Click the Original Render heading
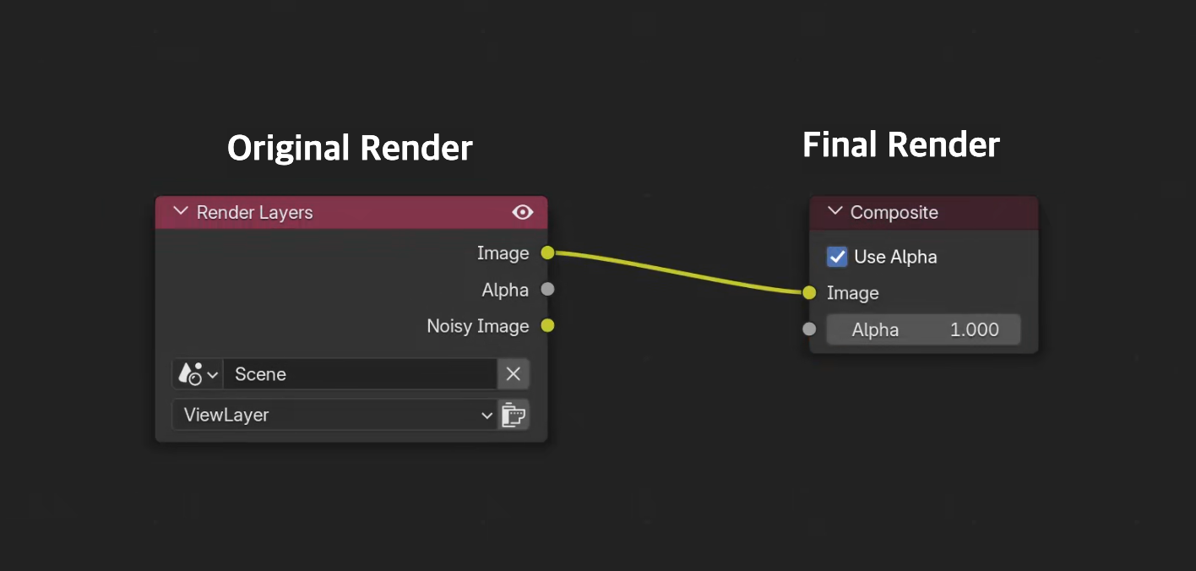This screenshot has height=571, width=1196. (350, 149)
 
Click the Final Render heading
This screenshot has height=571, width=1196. (900, 145)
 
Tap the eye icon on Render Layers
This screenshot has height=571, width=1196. (523, 212)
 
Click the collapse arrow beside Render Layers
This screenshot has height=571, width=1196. (180, 212)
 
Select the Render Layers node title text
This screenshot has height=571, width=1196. (254, 213)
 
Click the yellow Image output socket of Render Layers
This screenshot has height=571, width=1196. (547, 253)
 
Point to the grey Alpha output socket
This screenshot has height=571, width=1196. (547, 289)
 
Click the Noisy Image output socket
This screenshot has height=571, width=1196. (547, 325)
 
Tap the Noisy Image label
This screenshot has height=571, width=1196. (477, 326)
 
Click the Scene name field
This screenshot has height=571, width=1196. (359, 374)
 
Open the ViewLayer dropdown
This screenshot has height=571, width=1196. (334, 415)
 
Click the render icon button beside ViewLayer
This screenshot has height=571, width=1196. (513, 415)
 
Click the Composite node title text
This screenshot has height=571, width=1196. (894, 213)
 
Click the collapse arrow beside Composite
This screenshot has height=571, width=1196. (834, 212)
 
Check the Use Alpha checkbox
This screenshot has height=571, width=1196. (837, 257)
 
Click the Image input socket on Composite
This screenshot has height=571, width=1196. (809, 293)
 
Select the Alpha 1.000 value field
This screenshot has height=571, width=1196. (923, 329)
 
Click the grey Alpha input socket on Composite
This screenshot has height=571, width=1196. (809, 329)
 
